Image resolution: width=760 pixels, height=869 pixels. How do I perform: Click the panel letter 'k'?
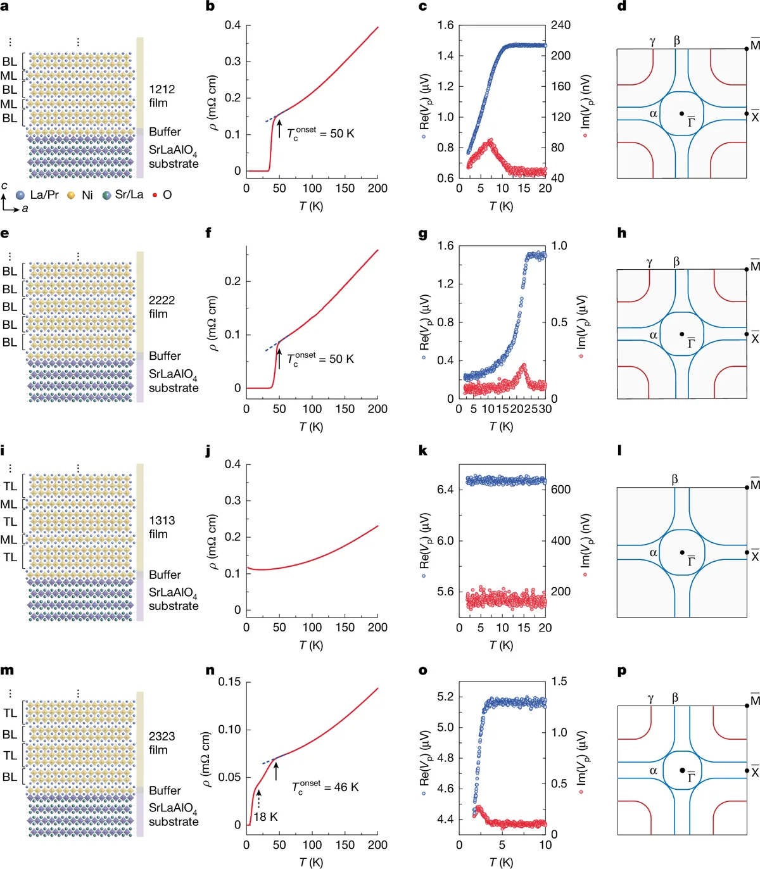click(422, 451)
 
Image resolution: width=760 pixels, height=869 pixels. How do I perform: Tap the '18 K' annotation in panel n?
click(265, 816)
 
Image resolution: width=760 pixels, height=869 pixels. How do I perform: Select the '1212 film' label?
click(161, 96)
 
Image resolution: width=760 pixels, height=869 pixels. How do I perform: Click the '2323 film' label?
click(161, 742)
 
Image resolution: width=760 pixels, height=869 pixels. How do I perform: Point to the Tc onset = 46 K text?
click(325, 787)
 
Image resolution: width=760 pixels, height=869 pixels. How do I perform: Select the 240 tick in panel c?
click(560, 25)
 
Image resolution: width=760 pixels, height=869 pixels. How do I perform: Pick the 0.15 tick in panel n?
click(229, 682)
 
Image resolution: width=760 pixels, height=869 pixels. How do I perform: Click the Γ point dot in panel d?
click(681, 114)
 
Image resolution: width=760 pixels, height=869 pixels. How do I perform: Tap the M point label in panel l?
click(755, 485)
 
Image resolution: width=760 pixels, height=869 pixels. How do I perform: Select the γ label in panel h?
click(649, 262)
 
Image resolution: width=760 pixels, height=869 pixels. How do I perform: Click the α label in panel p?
click(654, 771)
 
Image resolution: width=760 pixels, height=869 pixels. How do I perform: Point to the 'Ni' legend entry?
click(80, 195)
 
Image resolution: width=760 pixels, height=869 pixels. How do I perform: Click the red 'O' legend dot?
click(155, 195)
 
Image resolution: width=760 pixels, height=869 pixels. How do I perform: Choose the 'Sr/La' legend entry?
click(123, 194)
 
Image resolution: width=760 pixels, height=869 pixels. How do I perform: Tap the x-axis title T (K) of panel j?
click(311, 645)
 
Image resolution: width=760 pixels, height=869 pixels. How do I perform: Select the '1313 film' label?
click(161, 527)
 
